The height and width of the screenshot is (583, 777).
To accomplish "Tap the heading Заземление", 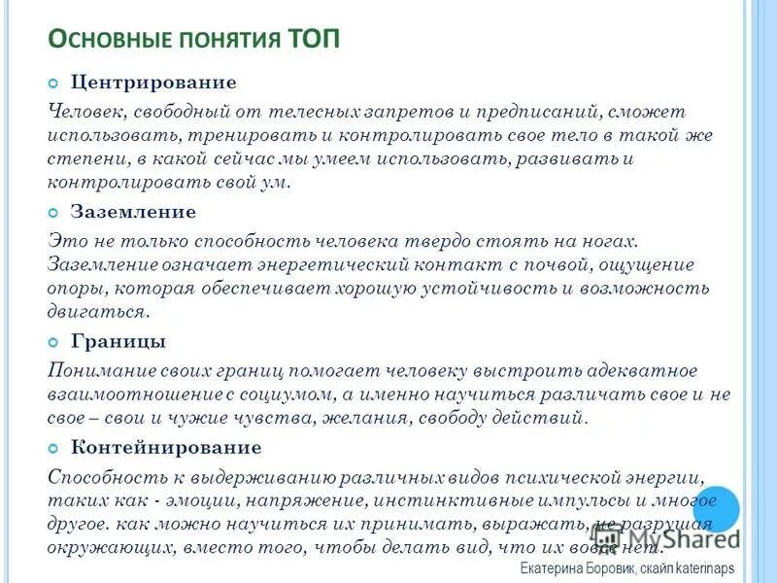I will point(133,211).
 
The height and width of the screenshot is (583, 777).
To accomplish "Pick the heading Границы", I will point(118,340).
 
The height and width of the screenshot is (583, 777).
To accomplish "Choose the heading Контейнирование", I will point(166,447).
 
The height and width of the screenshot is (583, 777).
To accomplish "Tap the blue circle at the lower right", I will point(716,508).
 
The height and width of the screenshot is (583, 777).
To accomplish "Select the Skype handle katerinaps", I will point(699,567).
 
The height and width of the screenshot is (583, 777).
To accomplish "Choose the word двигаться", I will point(97,312).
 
